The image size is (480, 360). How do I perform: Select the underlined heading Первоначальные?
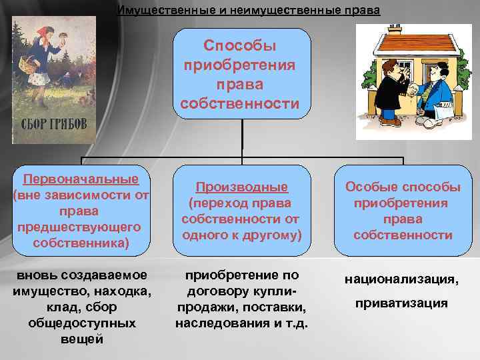[x=81, y=179]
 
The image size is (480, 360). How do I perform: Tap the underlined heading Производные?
[x=241, y=187]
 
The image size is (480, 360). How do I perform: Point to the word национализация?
[x=401, y=280]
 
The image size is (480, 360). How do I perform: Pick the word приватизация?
[x=401, y=303]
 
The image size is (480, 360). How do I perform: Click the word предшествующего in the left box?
[x=81, y=227]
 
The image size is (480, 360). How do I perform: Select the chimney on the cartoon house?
[x=395, y=29]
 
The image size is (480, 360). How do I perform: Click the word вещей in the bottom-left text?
[x=81, y=339]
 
